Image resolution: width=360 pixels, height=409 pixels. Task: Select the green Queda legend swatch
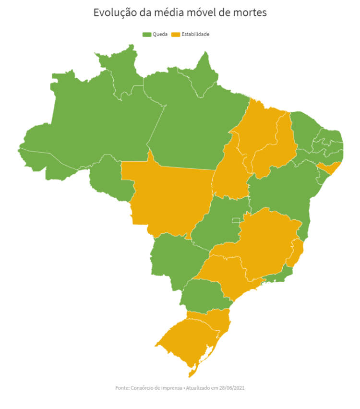coord(147,35)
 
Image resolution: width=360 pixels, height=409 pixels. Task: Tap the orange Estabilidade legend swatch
coord(176,35)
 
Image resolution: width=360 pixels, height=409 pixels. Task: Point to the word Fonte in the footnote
coord(122,387)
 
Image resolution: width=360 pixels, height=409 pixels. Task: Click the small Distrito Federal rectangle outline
coord(236,220)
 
